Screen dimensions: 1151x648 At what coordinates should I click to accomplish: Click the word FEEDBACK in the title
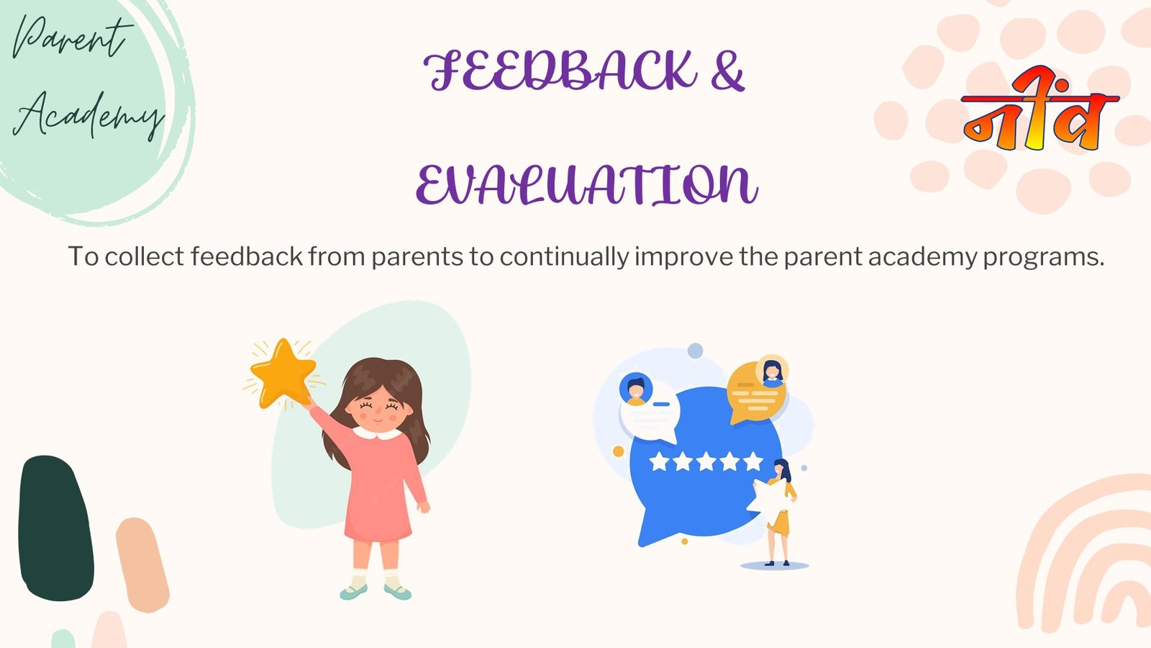[x=560, y=71]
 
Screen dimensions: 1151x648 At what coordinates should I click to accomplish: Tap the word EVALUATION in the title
[x=587, y=184]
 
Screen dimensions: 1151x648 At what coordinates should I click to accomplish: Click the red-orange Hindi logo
[x=1039, y=109]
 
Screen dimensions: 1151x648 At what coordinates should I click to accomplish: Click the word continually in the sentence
[x=564, y=256]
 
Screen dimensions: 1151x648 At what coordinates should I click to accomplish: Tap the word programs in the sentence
[x=1044, y=257]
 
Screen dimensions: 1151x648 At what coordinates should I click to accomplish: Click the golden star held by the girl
[x=283, y=373]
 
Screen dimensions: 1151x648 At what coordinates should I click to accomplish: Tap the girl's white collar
[x=378, y=433]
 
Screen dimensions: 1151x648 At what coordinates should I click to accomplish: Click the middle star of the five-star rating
[x=706, y=462]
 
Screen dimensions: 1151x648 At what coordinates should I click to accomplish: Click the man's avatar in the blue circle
[x=636, y=390]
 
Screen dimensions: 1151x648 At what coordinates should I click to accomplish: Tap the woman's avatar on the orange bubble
[x=773, y=370]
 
